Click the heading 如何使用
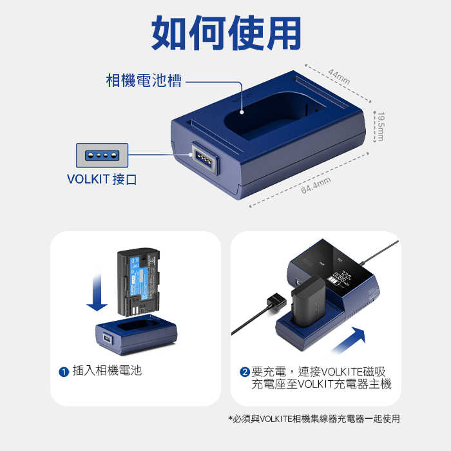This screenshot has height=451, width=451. (x=226, y=33)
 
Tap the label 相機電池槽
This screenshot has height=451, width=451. (x=143, y=81)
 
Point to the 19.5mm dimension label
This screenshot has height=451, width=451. (x=381, y=126)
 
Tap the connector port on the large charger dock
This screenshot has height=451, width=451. (x=201, y=157)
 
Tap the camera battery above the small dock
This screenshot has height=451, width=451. (x=136, y=281)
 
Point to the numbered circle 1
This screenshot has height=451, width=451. (x=63, y=372)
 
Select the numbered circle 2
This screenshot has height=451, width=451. (x=244, y=372)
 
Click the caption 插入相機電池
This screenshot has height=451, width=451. (x=107, y=370)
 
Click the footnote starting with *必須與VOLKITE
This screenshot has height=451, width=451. (x=314, y=419)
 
